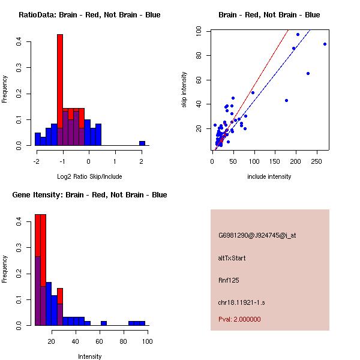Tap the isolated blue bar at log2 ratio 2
point(142,143)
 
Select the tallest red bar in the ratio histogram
point(60,72)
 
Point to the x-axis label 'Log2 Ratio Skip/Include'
point(89,176)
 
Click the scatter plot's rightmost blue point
point(325,44)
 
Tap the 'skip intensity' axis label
point(184,90)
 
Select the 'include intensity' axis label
point(269,176)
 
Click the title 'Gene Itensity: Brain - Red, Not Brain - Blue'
point(89,195)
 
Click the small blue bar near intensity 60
point(104,323)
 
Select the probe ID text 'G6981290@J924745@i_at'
point(257,235)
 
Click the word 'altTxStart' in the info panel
point(232,258)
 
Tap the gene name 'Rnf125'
point(228,280)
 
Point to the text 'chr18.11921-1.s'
point(241,302)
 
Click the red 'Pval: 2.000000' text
point(239,319)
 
